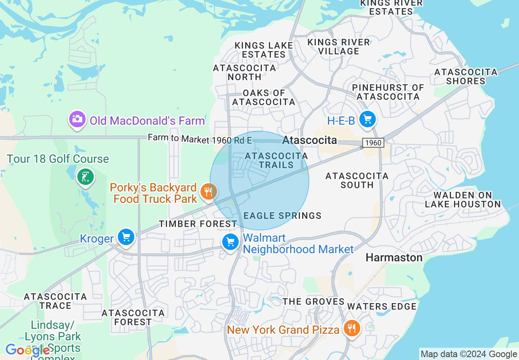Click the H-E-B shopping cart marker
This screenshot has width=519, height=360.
click(x=367, y=119)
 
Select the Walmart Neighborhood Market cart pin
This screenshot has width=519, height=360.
click(x=230, y=242)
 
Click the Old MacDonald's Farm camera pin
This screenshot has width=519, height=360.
click(x=77, y=119)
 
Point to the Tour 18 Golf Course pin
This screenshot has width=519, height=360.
click(x=85, y=177)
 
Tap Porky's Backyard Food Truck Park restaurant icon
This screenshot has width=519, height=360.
click(x=208, y=191)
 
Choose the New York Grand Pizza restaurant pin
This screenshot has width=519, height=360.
click(x=351, y=328)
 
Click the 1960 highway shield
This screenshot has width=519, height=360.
click(x=372, y=143)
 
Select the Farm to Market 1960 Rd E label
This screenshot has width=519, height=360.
click(x=200, y=139)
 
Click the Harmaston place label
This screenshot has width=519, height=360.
click(x=394, y=257)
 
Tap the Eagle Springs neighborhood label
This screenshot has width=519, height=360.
click(x=282, y=216)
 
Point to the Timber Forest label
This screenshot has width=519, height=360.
click(x=198, y=224)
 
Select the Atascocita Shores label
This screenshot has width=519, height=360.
click(x=466, y=76)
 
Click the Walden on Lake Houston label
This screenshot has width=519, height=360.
click(x=463, y=200)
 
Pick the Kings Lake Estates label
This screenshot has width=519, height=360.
click(x=264, y=50)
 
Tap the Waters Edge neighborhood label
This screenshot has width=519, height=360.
click(x=381, y=306)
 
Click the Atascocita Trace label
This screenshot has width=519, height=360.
click(x=55, y=301)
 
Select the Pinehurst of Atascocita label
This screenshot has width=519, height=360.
click(x=388, y=92)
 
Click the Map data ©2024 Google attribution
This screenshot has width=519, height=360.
click(x=469, y=354)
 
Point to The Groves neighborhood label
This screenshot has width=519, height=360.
click(x=314, y=301)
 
